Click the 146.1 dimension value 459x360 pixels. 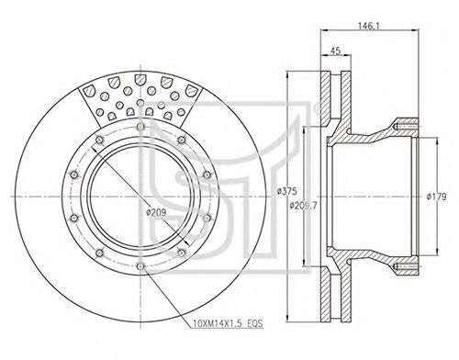point(369,26)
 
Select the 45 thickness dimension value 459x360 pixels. point(336,51)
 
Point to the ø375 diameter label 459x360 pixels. point(286,191)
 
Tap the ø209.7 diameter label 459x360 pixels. point(303,206)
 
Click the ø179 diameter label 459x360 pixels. point(437,197)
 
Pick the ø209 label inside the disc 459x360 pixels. point(156,212)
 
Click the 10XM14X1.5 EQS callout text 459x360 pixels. point(229,323)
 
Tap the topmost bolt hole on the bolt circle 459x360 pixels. point(140,127)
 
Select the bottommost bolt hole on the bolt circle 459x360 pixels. point(140,266)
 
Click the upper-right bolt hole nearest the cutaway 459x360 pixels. point(182,140)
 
